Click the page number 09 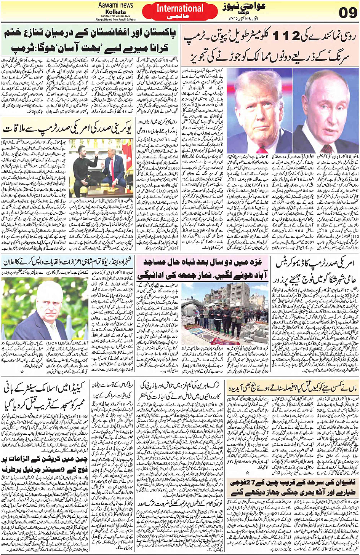coord(348,13)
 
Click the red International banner coord(180,11)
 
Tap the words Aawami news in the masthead coord(115,5)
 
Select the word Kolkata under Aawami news coord(115,12)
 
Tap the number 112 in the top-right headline coord(281,36)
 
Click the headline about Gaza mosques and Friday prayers coord(203,269)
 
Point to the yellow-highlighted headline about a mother coord(292,389)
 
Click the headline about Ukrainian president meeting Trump coord(67,129)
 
